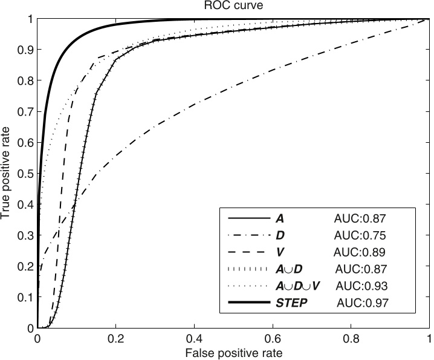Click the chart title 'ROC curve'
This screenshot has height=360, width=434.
[x=233, y=7]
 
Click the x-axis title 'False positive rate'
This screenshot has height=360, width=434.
[x=233, y=352]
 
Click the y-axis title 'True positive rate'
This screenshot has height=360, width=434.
[x=7, y=174]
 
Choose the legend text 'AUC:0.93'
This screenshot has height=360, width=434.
[x=361, y=285]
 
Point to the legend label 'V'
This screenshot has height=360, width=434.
[x=279, y=251]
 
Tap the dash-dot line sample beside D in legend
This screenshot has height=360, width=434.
[x=248, y=234]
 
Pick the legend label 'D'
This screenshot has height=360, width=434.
[x=279, y=234]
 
